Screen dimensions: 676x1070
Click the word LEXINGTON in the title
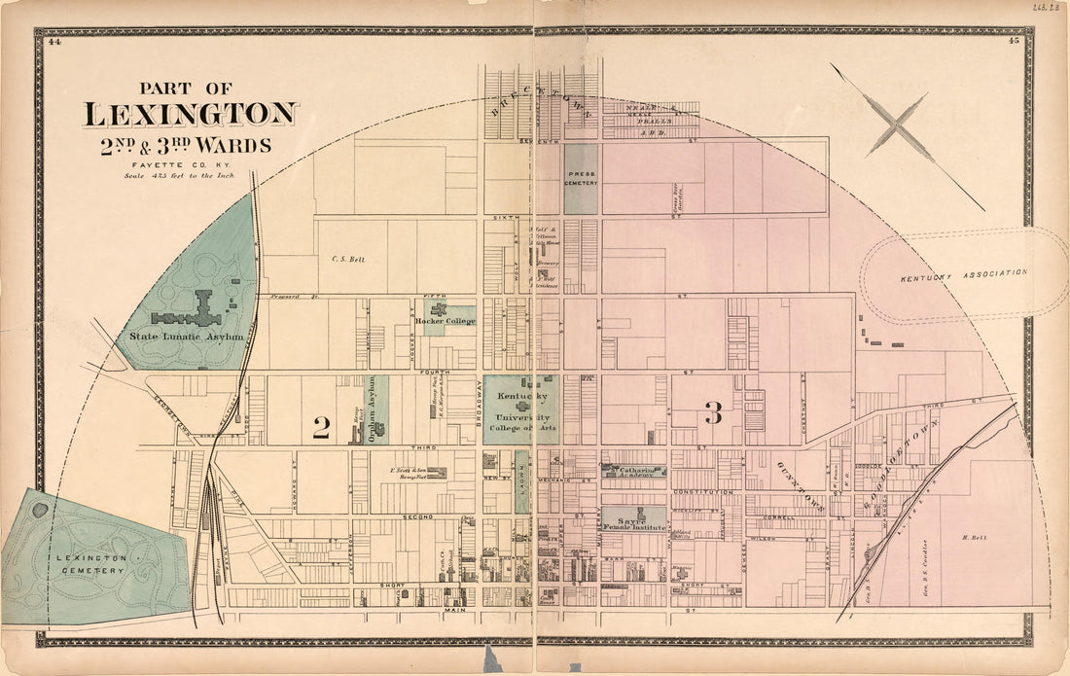click(190, 115)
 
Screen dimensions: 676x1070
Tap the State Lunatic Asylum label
click(186, 337)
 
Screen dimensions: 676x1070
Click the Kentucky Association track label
click(962, 275)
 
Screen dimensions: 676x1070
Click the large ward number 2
click(321, 426)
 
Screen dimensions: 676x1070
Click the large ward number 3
click(713, 413)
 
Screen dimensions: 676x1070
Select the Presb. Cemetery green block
click(582, 179)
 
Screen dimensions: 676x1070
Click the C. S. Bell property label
click(347, 259)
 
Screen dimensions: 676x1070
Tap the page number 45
click(1014, 41)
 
